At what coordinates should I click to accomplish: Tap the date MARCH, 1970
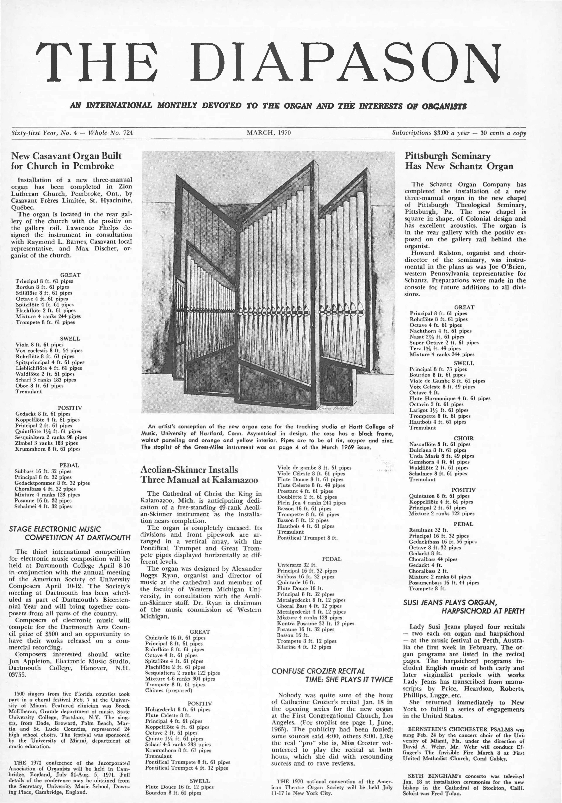pyautogui.click(x=269, y=133)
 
